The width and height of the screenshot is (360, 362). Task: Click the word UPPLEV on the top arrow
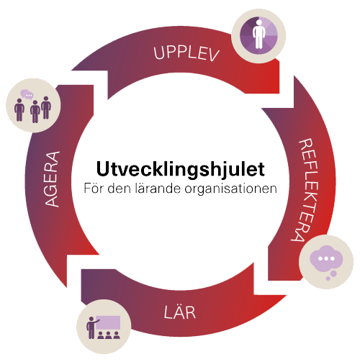[186, 53]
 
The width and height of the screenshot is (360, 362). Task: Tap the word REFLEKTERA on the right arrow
[305, 190]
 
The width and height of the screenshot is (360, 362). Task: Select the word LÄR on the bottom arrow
[180, 312]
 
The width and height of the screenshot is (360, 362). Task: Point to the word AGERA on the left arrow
[52, 179]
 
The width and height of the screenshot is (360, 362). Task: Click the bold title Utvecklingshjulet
[181, 169]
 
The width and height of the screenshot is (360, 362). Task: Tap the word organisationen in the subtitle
[230, 189]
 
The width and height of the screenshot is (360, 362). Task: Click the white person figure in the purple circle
[258, 34]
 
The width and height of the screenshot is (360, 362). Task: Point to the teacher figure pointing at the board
[92, 327]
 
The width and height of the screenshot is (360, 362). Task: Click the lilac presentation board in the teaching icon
[109, 322]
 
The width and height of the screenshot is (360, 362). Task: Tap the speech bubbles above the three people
[27, 94]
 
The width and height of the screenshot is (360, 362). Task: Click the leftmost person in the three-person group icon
[19, 110]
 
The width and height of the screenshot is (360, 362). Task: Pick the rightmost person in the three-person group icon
[46, 108]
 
